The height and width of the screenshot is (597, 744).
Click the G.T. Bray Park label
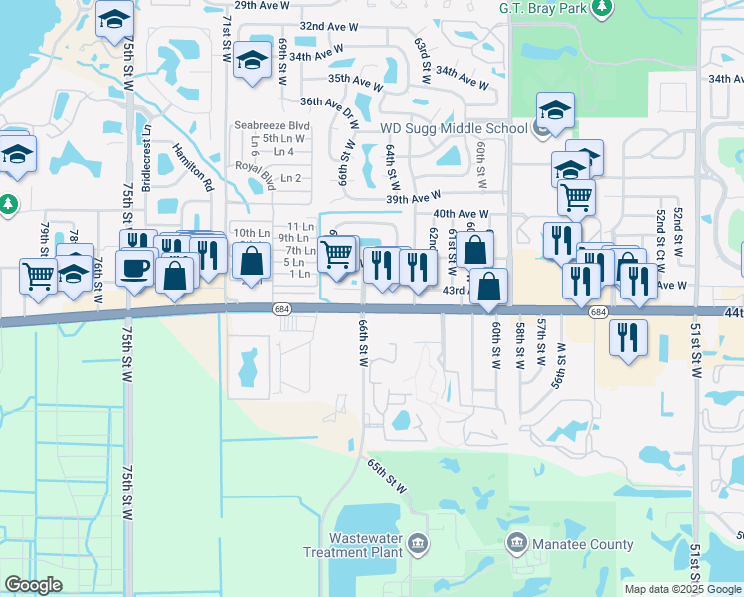point(542,8)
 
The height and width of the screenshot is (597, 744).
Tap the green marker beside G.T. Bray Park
point(601,9)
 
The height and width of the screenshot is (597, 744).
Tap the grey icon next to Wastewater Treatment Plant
point(418,543)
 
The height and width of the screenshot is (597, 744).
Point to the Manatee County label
point(584,544)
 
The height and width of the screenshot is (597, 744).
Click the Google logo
point(33,585)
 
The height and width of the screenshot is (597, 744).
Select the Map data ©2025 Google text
point(681,589)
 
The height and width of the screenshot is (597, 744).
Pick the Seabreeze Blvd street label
point(273,126)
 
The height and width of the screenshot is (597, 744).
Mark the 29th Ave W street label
point(261,5)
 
